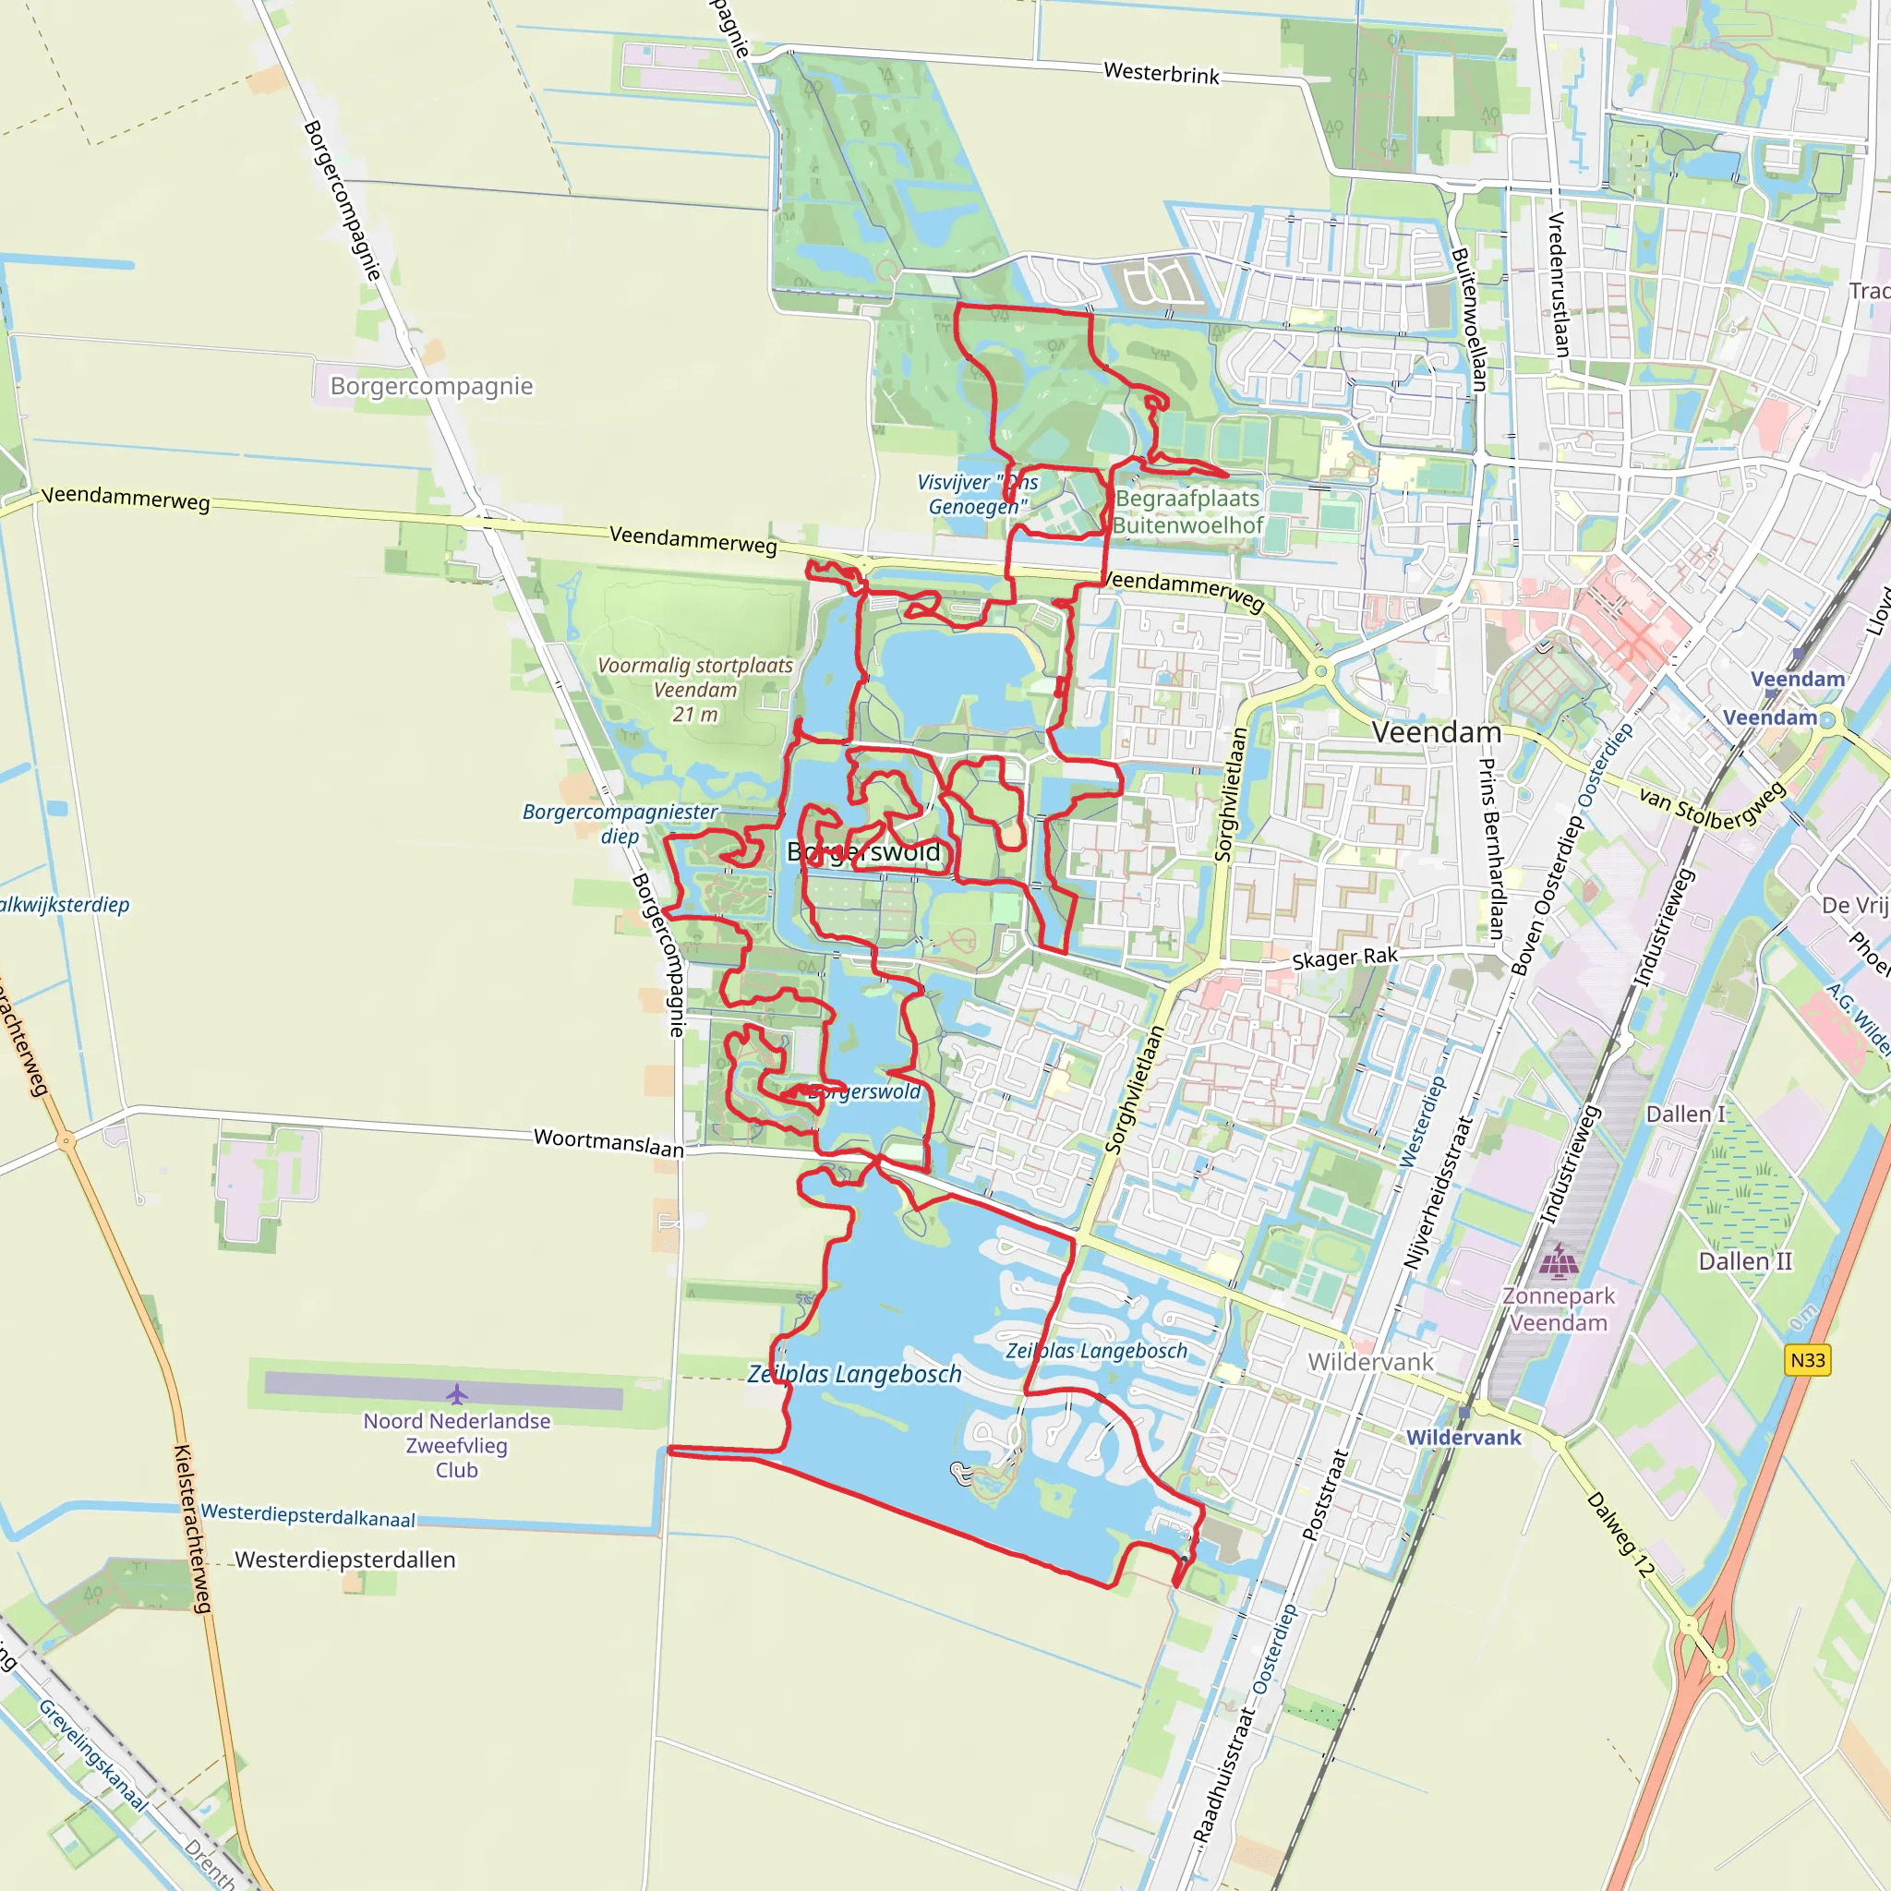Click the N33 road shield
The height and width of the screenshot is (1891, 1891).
1807,1359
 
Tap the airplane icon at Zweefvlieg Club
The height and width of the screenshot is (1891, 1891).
457,1393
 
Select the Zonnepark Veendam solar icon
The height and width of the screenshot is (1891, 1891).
1559,1261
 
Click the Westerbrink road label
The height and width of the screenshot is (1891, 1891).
1161,74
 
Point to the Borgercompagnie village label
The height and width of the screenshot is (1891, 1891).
431,386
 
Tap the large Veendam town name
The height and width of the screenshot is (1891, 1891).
1436,732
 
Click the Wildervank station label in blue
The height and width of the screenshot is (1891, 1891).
1463,1437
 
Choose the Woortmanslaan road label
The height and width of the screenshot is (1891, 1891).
608,1141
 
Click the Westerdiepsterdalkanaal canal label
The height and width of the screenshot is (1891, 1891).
308,1515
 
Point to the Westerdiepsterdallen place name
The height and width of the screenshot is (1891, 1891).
345,1560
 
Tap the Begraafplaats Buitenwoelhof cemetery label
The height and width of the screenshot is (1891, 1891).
1187,512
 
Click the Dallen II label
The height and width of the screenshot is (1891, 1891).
1745,1260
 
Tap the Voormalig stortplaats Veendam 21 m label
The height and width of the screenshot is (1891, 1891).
695,689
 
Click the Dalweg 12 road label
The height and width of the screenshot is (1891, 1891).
1620,1534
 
